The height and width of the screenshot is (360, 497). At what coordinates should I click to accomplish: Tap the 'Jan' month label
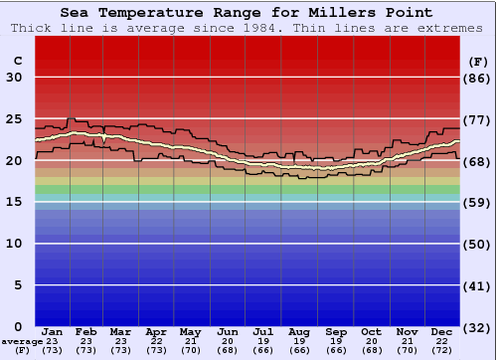53,331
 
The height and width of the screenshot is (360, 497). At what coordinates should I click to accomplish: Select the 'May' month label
190,331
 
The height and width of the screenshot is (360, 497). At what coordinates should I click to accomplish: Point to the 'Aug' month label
299,331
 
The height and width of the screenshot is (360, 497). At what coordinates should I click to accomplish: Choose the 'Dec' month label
442,331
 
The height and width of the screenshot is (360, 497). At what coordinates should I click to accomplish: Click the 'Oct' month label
371,331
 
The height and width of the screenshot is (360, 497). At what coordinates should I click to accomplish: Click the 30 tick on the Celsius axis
14,78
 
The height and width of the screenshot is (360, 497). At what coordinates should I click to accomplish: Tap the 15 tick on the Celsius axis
14,202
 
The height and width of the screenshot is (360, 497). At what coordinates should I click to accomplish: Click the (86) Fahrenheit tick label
479,78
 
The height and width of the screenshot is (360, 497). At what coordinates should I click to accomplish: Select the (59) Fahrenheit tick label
479,202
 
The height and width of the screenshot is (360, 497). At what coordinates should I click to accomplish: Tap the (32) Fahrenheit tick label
479,327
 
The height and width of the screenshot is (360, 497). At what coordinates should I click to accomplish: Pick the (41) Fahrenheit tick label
479,285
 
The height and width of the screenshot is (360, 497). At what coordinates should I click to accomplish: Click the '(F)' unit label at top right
479,61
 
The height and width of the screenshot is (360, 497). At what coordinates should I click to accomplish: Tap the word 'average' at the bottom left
22,341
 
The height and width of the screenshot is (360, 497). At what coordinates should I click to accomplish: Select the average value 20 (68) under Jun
227,346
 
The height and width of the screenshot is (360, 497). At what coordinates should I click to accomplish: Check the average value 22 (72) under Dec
442,346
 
